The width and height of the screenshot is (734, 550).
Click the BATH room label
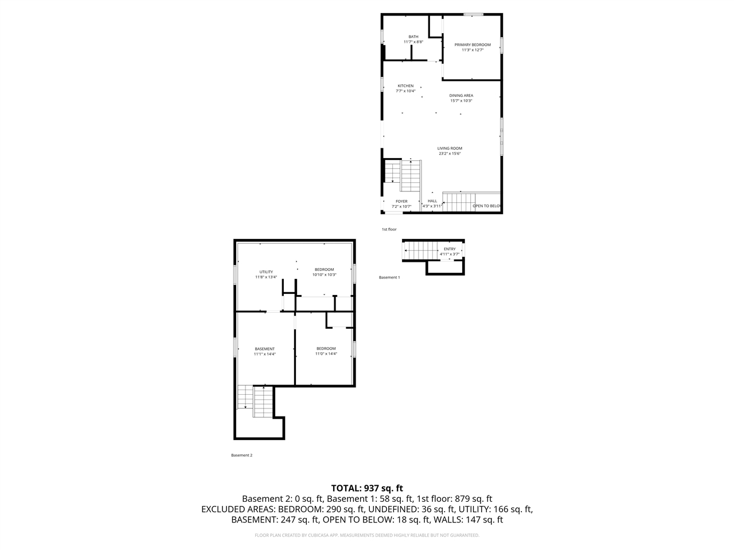point(413,37)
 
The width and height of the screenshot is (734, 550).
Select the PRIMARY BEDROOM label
point(473,45)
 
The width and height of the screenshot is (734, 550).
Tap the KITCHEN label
point(405,86)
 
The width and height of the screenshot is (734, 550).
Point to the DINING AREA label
point(461,96)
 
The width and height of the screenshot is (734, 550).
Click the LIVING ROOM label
point(450,148)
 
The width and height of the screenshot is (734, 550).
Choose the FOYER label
point(401,201)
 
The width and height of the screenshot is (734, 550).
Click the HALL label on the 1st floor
point(432,201)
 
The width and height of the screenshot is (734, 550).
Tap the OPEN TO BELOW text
point(487,206)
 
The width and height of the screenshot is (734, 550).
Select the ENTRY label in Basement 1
point(450,249)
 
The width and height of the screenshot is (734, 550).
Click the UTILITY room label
point(266,272)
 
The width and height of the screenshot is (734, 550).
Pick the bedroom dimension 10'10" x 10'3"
point(324,275)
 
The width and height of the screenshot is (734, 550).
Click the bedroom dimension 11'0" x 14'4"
point(326,354)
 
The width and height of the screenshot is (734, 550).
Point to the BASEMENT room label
point(265,349)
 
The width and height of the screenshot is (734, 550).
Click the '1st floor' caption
point(389,230)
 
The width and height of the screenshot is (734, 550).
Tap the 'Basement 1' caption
point(389,277)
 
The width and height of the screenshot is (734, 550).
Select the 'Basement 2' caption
point(241,455)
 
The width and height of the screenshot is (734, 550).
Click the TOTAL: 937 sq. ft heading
point(367,488)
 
